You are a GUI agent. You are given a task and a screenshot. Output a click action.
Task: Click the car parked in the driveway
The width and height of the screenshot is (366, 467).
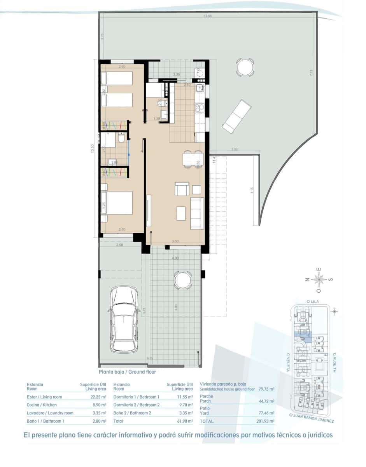click(124, 319)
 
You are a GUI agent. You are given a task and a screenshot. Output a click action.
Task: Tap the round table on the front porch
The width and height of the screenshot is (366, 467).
click(182, 280)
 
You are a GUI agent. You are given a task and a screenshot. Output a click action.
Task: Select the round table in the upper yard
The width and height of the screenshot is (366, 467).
click(245, 67)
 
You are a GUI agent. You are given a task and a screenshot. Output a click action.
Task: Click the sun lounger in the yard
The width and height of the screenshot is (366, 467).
click(236, 116)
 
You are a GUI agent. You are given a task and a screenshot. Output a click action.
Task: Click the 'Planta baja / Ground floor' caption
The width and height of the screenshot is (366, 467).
click(127, 372)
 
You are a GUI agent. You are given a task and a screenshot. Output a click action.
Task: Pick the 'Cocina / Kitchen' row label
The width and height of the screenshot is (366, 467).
click(42, 405)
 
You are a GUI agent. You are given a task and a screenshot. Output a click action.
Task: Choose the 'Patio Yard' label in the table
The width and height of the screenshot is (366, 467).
click(205, 411)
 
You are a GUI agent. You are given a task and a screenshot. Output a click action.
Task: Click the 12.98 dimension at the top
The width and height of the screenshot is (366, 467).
click(208, 16)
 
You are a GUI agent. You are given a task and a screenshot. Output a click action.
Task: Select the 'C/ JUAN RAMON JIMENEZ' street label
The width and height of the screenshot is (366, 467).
click(312, 418)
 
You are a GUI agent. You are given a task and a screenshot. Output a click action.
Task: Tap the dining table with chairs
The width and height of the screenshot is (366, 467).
click(193, 159)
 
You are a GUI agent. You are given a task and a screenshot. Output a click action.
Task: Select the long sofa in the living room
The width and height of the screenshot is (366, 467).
click(197, 213)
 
